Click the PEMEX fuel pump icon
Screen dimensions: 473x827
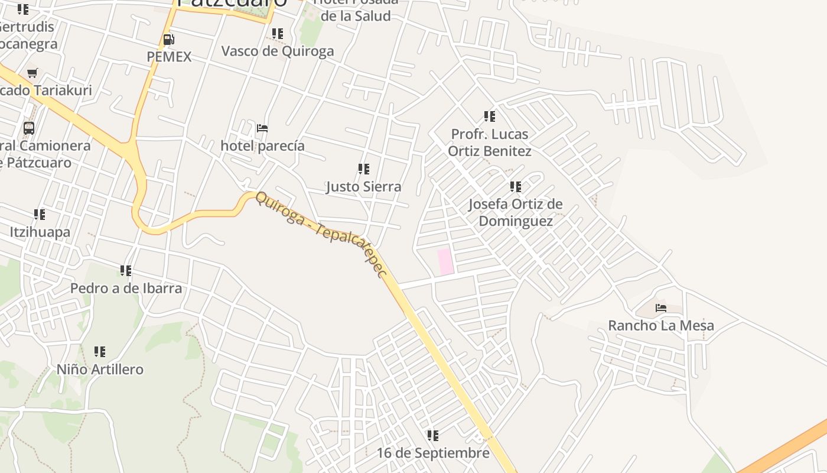(168, 40)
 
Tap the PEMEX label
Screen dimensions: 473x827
(169, 57)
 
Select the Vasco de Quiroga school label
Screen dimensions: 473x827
(277, 51)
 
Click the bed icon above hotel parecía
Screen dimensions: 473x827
(262, 128)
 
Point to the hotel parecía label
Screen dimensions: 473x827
(262, 145)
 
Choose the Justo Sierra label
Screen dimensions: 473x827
(363, 187)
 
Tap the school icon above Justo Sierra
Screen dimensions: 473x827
(364, 169)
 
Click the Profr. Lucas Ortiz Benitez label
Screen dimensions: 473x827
(489, 142)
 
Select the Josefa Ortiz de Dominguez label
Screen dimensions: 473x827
(515, 212)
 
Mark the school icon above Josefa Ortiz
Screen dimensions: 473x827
(516, 187)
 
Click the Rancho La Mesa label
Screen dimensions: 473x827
(660, 325)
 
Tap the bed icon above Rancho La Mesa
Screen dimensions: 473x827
(661, 308)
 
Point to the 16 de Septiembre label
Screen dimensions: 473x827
(433, 453)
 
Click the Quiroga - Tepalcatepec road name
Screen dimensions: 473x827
(321, 235)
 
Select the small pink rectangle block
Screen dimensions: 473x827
(445, 261)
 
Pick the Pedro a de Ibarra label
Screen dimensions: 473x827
(126, 289)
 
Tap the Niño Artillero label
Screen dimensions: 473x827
(100, 370)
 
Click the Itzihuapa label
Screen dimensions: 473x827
(40, 232)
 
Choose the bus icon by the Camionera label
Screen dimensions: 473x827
(28, 128)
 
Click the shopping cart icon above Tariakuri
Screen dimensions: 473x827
(32, 73)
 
